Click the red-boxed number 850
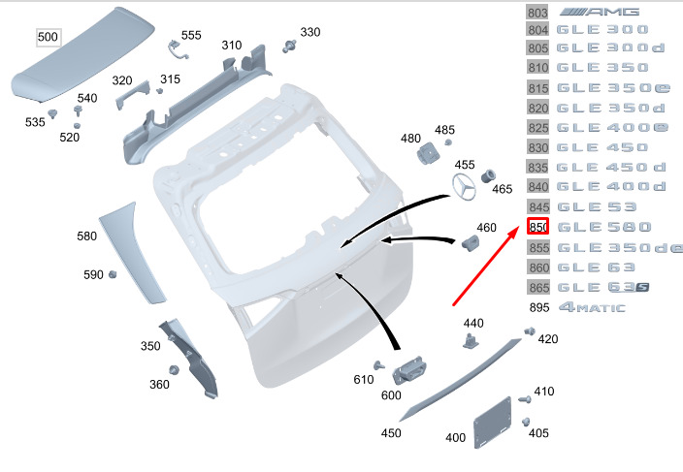click(x=538, y=227)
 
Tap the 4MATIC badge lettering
click(x=592, y=308)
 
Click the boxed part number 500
click(x=48, y=38)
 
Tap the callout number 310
click(x=231, y=46)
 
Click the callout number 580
click(x=87, y=236)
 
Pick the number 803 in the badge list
click(x=538, y=14)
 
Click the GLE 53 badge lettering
click(x=597, y=206)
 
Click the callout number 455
click(x=465, y=165)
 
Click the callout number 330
click(x=309, y=32)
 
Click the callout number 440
click(x=473, y=323)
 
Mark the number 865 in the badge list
click(x=538, y=288)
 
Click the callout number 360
click(x=159, y=385)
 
